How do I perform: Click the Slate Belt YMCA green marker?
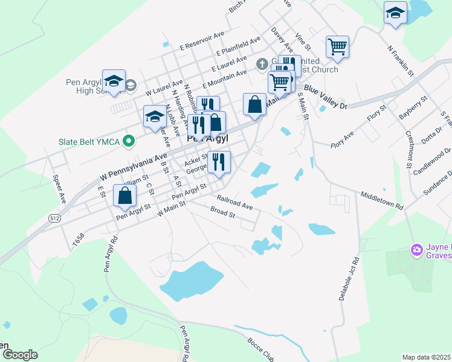(x=128, y=142)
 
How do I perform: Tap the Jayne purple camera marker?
(x=416, y=249)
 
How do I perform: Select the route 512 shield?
(x=54, y=218)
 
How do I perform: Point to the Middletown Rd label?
(x=382, y=200)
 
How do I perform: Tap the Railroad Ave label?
(x=235, y=202)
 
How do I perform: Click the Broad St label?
(x=222, y=212)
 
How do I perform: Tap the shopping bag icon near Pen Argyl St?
(x=124, y=195)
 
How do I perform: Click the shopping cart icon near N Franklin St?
(x=337, y=46)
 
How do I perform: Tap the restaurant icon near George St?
(x=219, y=161)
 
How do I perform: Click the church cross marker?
(x=262, y=63)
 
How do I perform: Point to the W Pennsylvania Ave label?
(x=133, y=168)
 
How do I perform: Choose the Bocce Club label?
(x=260, y=349)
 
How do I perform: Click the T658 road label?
(x=76, y=240)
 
